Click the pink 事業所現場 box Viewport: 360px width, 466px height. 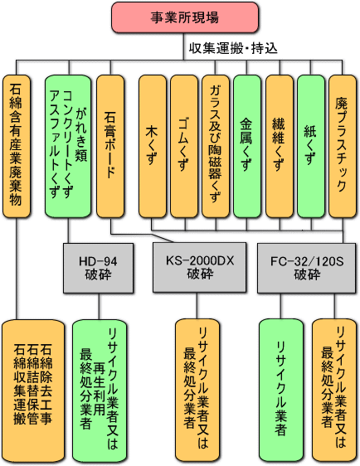pyautogui.click(x=185, y=17)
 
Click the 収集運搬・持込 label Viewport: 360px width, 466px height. pyautogui.click(x=233, y=48)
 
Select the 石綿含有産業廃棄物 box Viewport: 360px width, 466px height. pyautogui.click(x=17, y=146)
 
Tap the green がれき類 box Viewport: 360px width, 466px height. pyautogui.click(x=68, y=146)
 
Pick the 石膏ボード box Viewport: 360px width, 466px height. pyautogui.click(x=110, y=146)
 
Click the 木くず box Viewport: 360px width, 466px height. pyautogui.click(x=153, y=146)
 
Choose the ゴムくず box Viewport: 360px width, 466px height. pyautogui.click(x=184, y=146)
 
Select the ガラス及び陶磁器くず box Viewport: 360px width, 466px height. pyautogui.click(x=216, y=146)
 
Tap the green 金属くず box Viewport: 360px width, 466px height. pyautogui.click(x=247, y=146)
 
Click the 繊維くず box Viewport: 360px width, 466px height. pyautogui.click(x=280, y=146)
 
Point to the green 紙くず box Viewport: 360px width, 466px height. pyautogui.click(x=311, y=146)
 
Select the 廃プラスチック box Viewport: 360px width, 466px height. pyautogui.click(x=343, y=146)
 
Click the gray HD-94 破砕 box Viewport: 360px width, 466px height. pyautogui.click(x=99, y=269)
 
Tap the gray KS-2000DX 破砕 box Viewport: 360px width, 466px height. pyautogui.click(x=199, y=268)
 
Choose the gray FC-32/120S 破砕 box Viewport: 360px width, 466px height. pyautogui.click(x=306, y=269)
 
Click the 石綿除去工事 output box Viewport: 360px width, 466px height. pyautogui.click(x=33, y=391)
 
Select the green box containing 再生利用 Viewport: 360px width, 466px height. pyautogui.click(x=100, y=391)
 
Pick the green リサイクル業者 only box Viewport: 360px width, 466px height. pyautogui.click(x=281, y=391)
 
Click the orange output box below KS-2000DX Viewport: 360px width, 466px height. pyautogui.click(x=197, y=391)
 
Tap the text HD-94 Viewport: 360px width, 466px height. pyautogui.click(x=98, y=261)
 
